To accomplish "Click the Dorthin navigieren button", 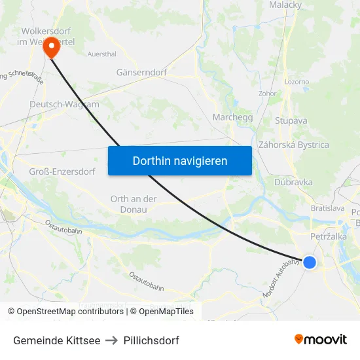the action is pyautogui.click(x=179, y=160).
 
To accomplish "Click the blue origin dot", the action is pyautogui.click(x=310, y=262).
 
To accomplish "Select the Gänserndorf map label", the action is pyautogui.click(x=141, y=73).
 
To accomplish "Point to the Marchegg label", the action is pyautogui.click(x=233, y=117).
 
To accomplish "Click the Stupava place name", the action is pyautogui.click(x=291, y=120).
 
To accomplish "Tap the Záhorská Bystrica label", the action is pyautogui.click(x=294, y=145).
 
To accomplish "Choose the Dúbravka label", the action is pyautogui.click(x=294, y=183).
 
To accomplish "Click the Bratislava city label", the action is pyautogui.click(x=328, y=208).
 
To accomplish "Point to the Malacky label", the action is pyautogui.click(x=285, y=5).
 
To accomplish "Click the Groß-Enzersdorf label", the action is pyautogui.click(x=62, y=171).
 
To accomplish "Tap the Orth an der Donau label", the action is pyautogui.click(x=134, y=204).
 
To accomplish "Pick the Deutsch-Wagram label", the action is pyautogui.click(x=64, y=104).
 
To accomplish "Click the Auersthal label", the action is pyautogui.click(x=102, y=54).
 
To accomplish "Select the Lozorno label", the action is pyautogui.click(x=297, y=82).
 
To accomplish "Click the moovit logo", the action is pyautogui.click(x=321, y=340).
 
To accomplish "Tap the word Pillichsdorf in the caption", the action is pyautogui.click(x=151, y=340).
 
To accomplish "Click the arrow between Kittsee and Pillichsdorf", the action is pyautogui.click(x=112, y=340).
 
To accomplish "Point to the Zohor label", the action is pyautogui.click(x=268, y=94).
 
